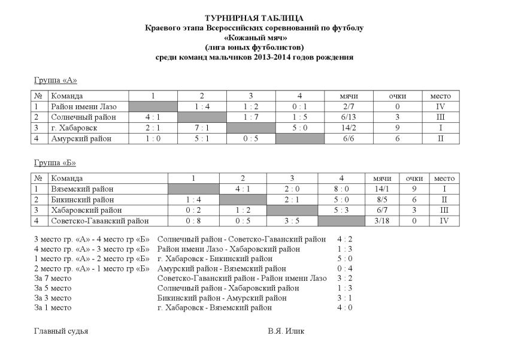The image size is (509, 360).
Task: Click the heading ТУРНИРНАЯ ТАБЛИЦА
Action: click(254, 19)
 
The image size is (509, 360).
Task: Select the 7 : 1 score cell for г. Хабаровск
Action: click(202, 128)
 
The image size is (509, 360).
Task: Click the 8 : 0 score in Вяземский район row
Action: click(341, 189)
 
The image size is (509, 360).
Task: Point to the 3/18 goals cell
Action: click(381, 221)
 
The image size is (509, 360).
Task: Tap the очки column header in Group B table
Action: click(414, 178)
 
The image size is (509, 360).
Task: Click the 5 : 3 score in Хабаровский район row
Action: click(341, 210)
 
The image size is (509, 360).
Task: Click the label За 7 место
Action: click(53, 278)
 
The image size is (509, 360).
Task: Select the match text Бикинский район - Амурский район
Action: click(222, 298)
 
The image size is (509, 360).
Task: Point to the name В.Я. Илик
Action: click(286, 331)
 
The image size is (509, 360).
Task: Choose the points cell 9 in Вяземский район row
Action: click(414, 189)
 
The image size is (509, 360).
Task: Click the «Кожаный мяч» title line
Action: click(254, 38)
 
